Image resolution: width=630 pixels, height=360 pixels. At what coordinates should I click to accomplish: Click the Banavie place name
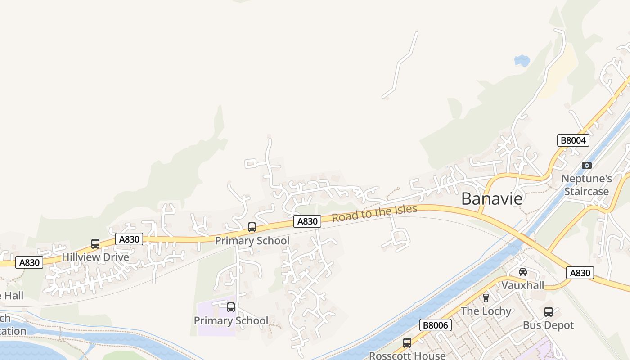coord(492,198)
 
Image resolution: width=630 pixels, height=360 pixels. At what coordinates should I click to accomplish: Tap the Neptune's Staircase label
coord(586,185)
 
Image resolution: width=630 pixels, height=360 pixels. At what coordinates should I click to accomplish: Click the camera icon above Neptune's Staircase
coord(586,165)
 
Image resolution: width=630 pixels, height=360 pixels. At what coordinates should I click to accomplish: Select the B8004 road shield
coord(573,140)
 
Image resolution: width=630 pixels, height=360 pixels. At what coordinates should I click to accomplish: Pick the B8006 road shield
coord(435,325)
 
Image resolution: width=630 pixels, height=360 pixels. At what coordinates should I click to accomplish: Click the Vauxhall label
coord(522,285)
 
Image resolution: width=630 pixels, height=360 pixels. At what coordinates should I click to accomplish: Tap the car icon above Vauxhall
coord(522,272)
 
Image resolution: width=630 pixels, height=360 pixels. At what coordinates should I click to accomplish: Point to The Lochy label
coord(486,311)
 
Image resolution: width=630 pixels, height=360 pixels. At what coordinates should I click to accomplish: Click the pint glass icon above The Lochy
coord(486,297)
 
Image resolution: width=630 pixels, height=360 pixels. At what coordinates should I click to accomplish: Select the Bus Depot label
coord(548,325)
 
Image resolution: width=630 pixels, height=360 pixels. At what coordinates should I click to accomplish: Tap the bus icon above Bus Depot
coord(548,311)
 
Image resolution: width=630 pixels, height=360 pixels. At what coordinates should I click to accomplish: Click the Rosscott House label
coord(407,355)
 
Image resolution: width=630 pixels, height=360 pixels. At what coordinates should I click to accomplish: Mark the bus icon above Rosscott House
coord(407,342)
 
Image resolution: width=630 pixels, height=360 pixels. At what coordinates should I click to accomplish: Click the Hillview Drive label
coord(95,257)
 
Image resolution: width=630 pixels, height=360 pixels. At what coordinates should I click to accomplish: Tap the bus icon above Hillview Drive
coord(95,244)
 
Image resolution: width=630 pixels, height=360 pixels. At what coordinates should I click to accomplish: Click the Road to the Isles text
coord(374,213)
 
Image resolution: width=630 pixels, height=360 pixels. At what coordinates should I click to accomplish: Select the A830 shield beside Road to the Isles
coord(308,221)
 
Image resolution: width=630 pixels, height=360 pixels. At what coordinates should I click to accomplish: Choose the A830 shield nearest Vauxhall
coord(580,273)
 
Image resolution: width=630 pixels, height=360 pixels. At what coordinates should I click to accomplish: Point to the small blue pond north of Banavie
coord(522,60)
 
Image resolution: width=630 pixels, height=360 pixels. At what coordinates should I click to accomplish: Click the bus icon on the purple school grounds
coord(231,307)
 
